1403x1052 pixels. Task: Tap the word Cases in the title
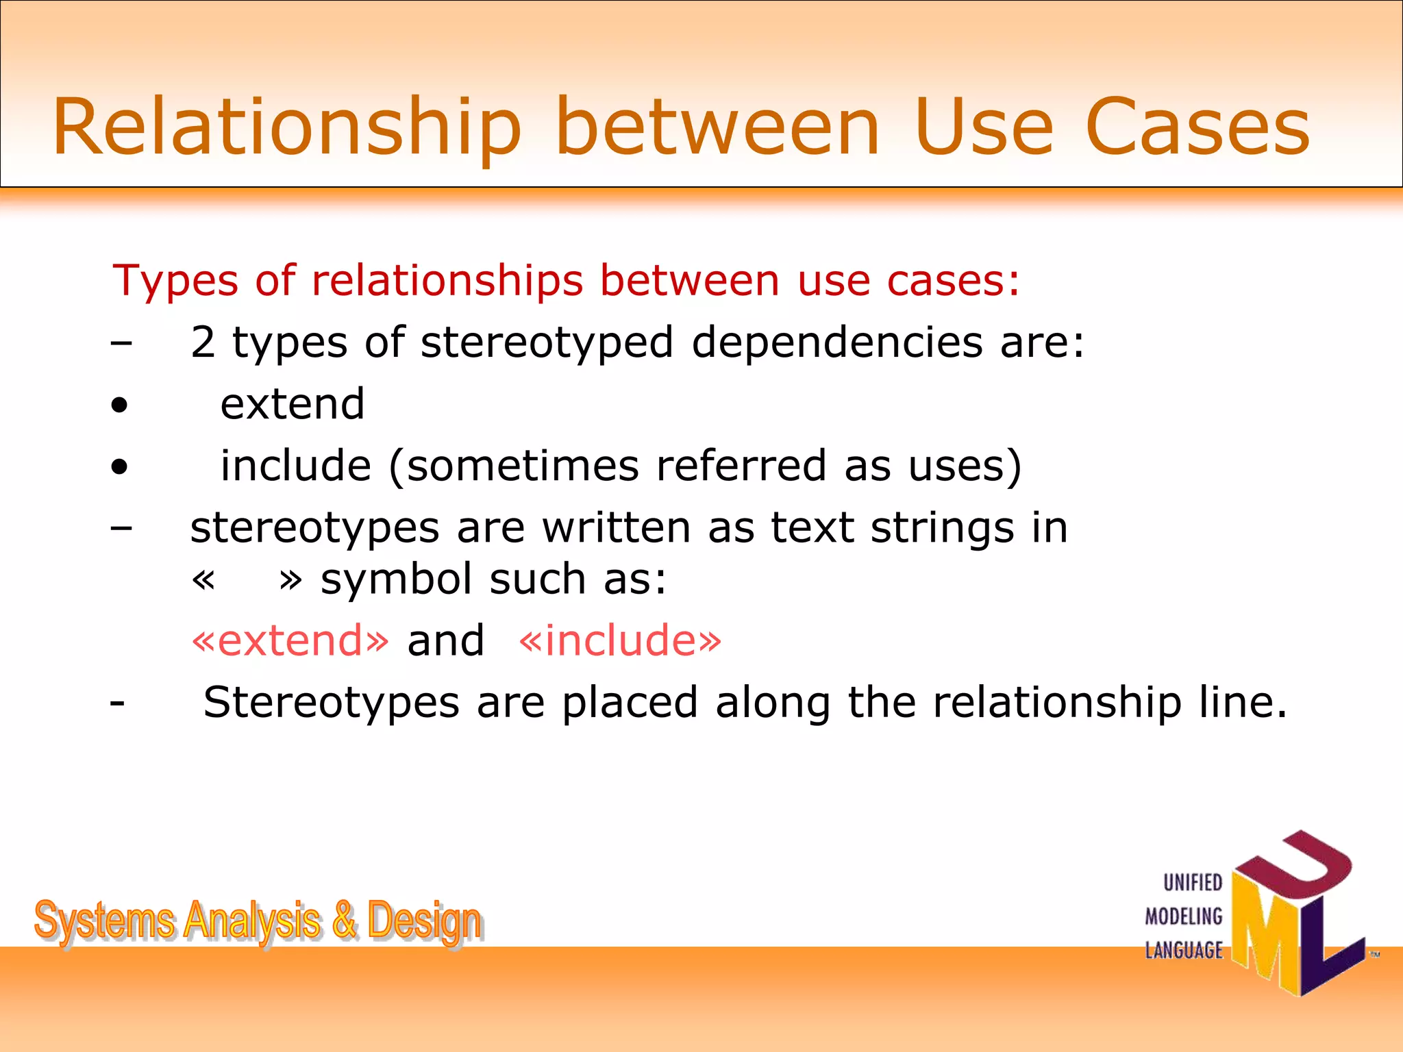[x=1197, y=128]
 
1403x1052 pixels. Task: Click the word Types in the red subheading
[x=175, y=281]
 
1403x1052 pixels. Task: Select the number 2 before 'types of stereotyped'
[x=203, y=342]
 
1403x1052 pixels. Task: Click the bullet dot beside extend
[x=120, y=405]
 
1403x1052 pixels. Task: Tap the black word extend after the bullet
[x=293, y=403]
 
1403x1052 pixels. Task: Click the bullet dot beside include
[x=120, y=467]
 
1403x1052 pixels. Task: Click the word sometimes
[x=523, y=466]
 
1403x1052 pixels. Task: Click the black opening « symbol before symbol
[x=203, y=580]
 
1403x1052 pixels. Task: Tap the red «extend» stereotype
[x=290, y=640]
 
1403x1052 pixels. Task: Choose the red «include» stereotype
[x=620, y=640]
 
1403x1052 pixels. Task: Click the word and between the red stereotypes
[x=445, y=640]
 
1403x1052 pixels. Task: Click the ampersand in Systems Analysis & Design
[x=345, y=920]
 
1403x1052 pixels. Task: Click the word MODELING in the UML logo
[x=1184, y=916]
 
